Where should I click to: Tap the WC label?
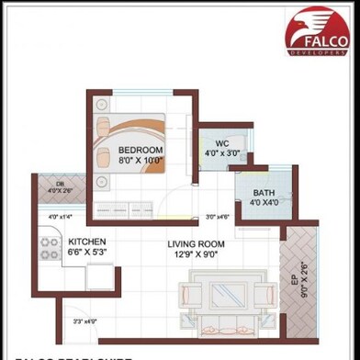pos(222,144)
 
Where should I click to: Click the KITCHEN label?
pos(87,242)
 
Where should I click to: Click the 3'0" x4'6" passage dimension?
pos(217,218)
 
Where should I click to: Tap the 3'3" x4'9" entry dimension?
pos(85,321)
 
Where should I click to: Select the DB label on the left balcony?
pos(59,184)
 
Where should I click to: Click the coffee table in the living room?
pos(223,296)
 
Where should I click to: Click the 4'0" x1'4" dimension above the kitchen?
pos(60,217)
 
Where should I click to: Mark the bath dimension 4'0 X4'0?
pos(252,203)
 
